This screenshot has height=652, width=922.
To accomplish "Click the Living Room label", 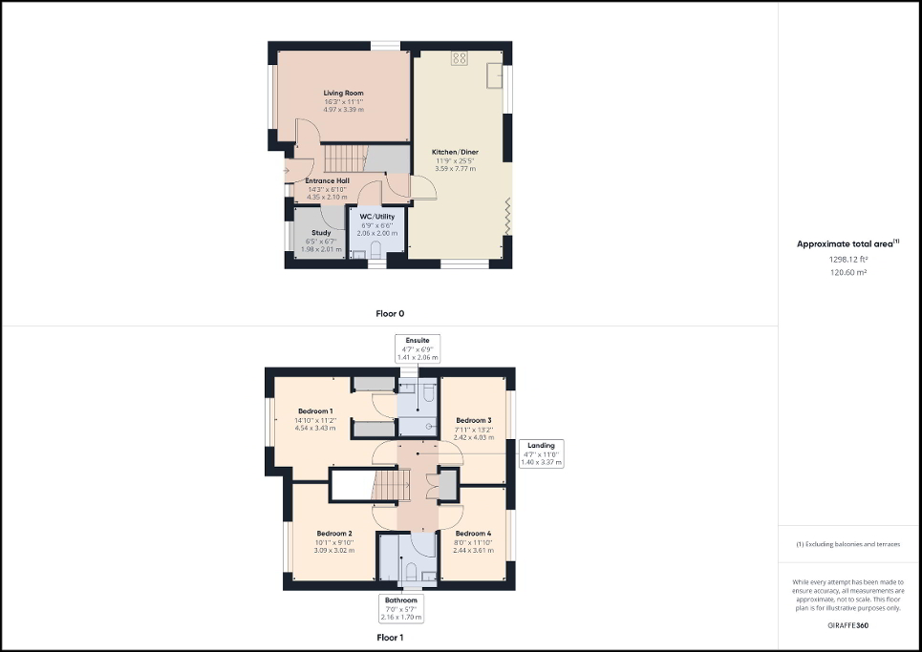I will click(x=343, y=94).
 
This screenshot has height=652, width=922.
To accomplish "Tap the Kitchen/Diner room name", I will click(x=455, y=153).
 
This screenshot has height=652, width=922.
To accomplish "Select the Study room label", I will click(x=320, y=232).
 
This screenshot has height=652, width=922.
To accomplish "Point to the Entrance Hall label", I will click(x=327, y=180).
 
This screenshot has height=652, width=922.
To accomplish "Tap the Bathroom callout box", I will click(x=401, y=608).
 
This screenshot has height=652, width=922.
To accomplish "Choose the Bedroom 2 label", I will click(x=335, y=534).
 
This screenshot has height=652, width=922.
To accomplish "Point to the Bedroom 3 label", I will click(x=473, y=421).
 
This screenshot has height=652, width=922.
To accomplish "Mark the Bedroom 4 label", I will click(x=473, y=534).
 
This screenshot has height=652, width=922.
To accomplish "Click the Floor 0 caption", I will click(x=390, y=313).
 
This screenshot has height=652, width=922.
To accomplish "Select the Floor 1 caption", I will click(x=390, y=637).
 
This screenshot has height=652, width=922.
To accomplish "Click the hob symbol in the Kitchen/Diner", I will click(x=458, y=58).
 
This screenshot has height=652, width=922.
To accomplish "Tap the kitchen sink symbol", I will click(x=495, y=74).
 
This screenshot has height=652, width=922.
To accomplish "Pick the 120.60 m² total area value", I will click(x=849, y=272).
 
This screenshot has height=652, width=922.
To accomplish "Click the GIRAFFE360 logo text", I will click(x=849, y=625).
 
